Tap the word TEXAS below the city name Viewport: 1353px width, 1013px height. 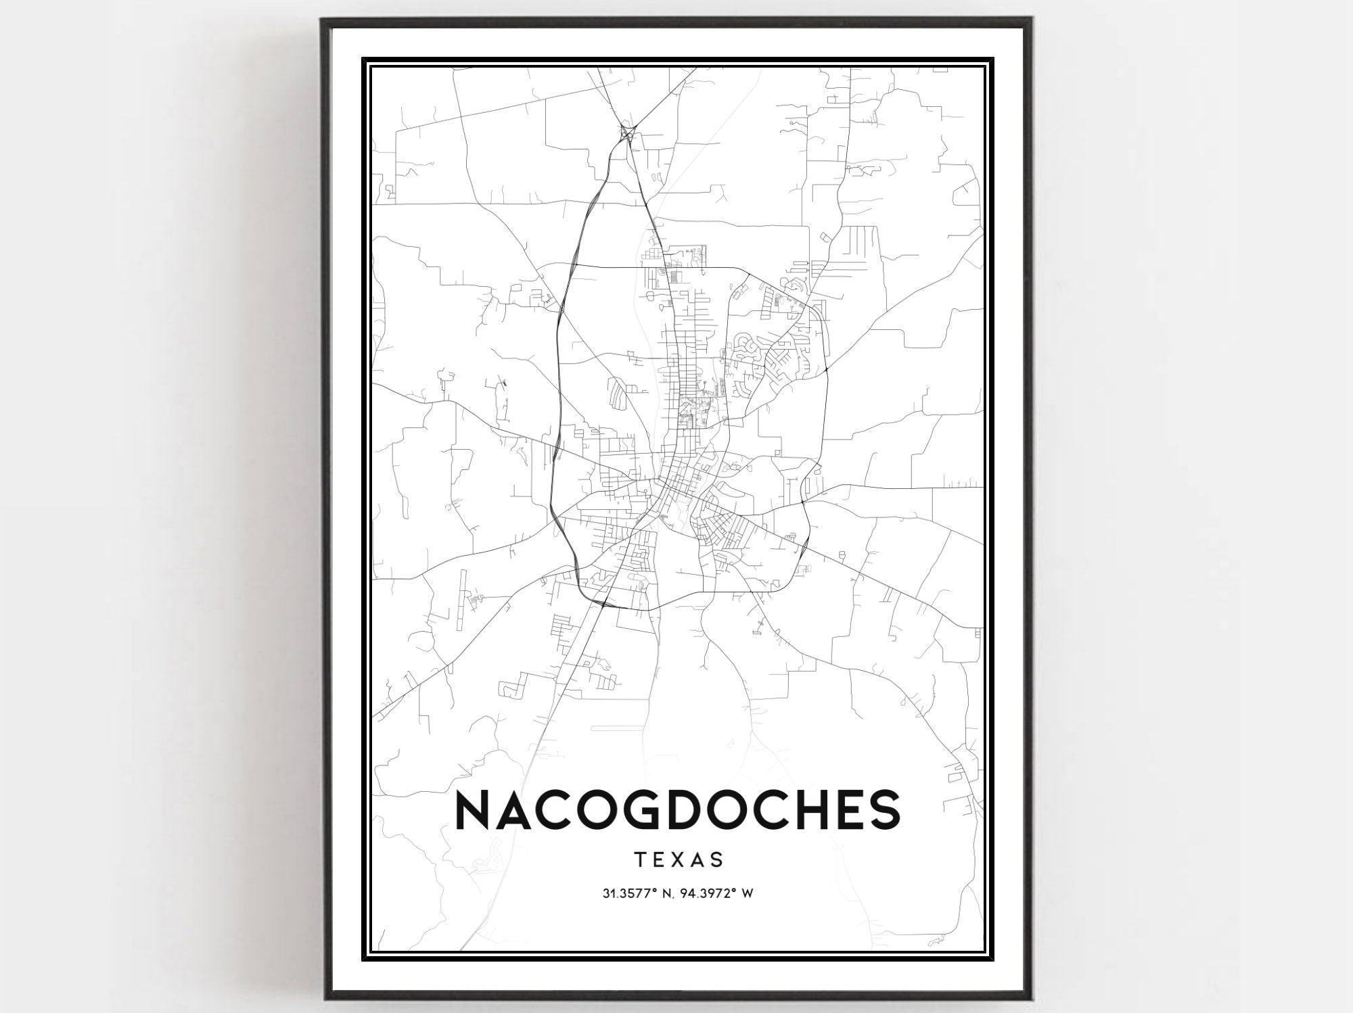(679, 859)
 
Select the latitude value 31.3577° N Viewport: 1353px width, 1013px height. (641, 894)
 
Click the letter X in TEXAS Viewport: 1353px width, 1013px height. (679, 859)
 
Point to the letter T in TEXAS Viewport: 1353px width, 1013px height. (640, 859)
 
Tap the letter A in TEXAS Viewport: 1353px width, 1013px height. (698, 859)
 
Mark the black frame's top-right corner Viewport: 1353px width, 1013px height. (1032, 20)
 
